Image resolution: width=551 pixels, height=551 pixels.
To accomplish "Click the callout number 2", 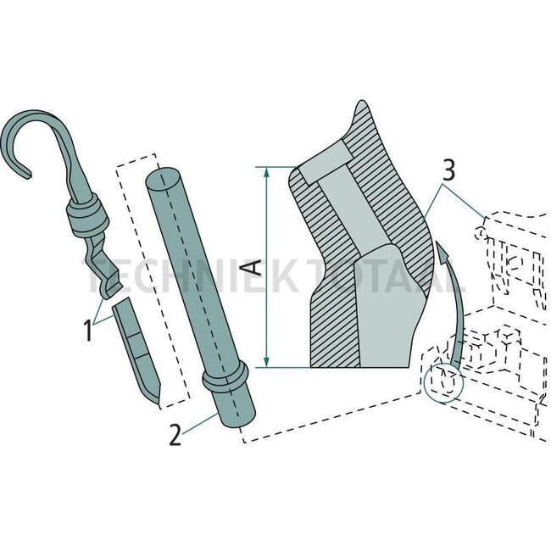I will coord(174,437).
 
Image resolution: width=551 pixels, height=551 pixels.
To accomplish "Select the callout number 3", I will coord(449,170).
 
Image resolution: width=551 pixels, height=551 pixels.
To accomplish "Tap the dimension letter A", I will coord(253,269).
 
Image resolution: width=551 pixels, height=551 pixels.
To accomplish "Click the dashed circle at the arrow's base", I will coord(443,379).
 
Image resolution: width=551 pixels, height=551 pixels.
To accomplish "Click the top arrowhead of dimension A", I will coord(268,173).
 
